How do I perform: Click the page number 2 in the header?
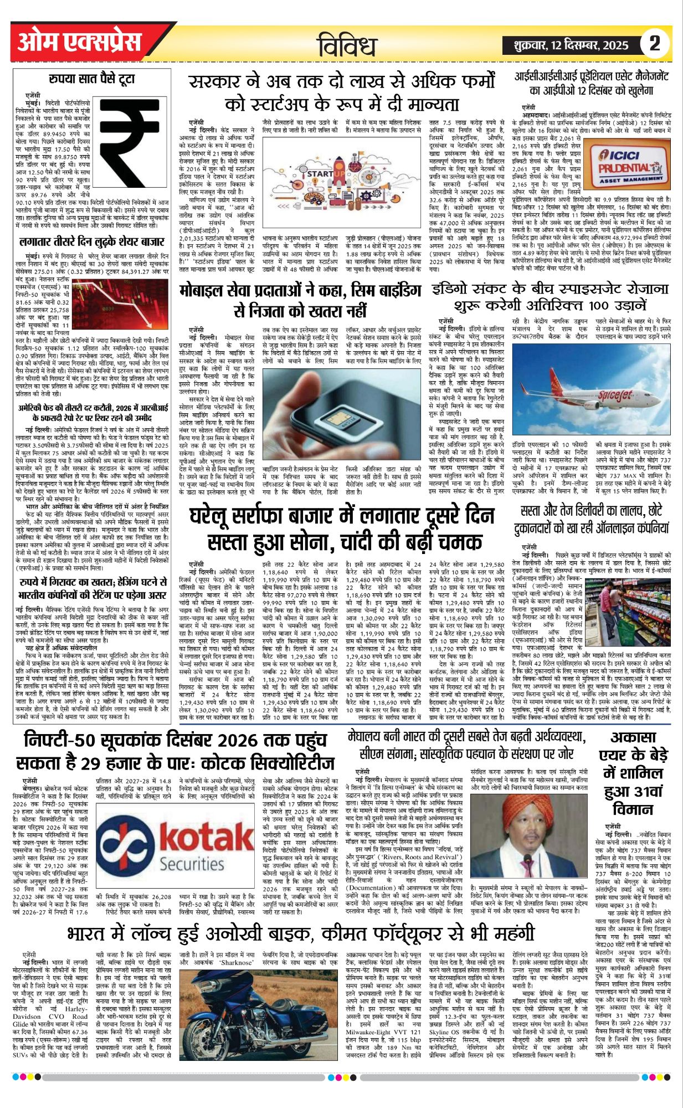[x=655, y=43]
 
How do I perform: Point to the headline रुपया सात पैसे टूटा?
[x=91, y=79]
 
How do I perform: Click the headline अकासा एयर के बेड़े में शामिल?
[x=633, y=773]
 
